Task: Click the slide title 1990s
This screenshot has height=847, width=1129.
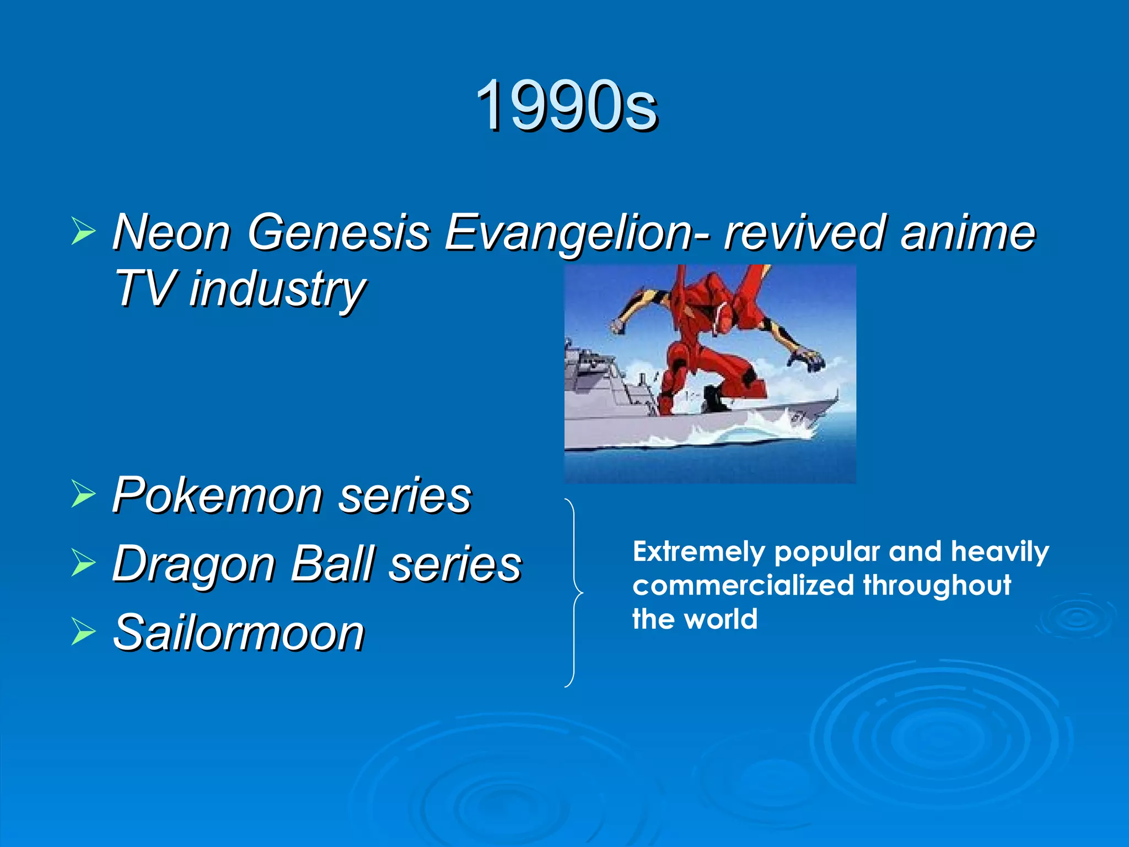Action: click(x=566, y=105)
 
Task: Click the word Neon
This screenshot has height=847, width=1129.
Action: click(x=171, y=232)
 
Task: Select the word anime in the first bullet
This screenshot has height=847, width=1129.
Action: click(x=967, y=232)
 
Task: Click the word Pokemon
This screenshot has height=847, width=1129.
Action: click(x=217, y=495)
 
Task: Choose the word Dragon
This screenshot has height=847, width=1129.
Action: click(x=193, y=564)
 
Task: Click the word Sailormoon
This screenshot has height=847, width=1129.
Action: click(x=238, y=632)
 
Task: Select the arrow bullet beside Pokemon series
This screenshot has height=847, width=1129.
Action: click(x=83, y=493)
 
